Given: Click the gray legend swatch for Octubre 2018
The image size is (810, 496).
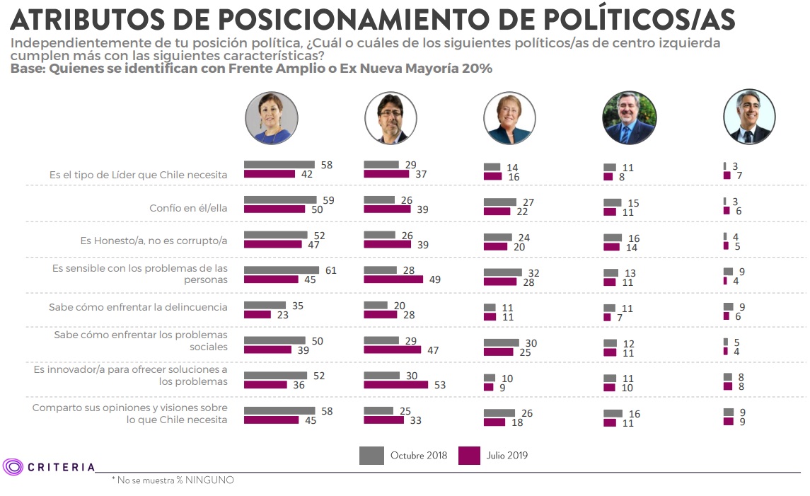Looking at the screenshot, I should coord(371,455).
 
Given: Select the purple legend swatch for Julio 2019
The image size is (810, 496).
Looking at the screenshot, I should coord(469,455).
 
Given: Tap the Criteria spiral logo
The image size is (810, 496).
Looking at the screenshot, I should coord(13,466).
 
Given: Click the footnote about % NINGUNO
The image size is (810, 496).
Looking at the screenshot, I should coord(173,480).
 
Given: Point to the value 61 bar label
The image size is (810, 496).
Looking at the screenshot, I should coord(331,270).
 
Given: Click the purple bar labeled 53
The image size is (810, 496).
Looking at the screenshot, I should coord(395,385).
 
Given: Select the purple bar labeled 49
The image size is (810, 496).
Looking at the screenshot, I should coord(393,279).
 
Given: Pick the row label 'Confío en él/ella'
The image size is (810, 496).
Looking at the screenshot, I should coord(188,209).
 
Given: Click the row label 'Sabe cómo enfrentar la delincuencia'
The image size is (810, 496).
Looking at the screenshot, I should coord(138,307).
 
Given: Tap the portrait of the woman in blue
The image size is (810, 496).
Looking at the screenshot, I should coord(271,118).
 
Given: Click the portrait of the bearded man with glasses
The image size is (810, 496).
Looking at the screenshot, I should coord(391,118).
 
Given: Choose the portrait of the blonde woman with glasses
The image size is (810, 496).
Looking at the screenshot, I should coord(509,118).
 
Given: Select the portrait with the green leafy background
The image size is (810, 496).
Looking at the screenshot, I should coord(629,118).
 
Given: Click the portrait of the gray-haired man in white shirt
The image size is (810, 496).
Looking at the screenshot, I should coord(749,117).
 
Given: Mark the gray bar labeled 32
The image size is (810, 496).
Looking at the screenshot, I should coord(502,272).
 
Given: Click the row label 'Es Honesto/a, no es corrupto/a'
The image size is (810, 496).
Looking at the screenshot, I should coord(154,241).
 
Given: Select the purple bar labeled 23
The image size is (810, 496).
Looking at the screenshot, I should coord(257,314).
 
